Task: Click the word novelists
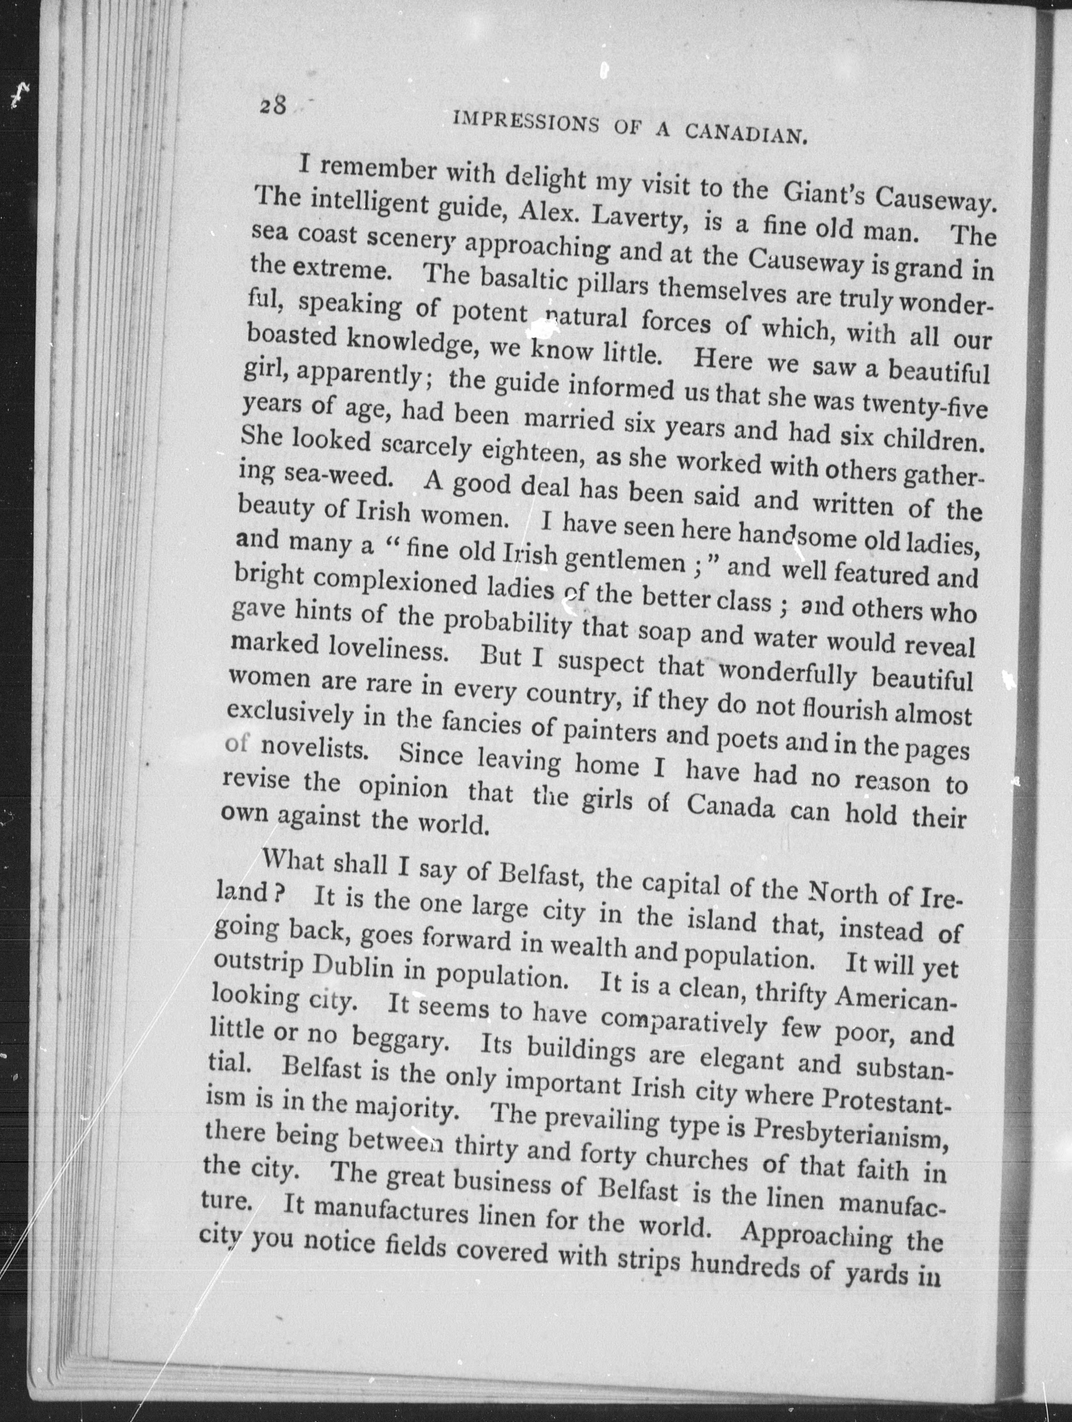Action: tap(314, 749)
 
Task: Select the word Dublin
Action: tap(350, 968)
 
